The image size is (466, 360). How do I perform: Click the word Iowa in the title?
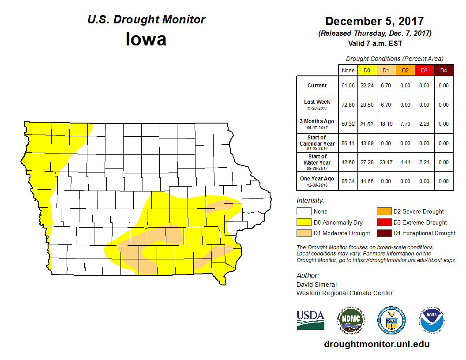pos(146,39)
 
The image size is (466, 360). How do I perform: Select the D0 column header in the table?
pos(367,70)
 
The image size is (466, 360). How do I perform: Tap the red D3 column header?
pos(424,70)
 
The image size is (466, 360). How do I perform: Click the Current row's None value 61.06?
pos(348,86)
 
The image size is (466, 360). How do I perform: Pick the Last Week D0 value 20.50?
pos(367,105)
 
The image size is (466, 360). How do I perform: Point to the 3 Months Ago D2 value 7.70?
pos(405,124)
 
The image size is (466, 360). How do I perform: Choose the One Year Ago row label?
pos(317,179)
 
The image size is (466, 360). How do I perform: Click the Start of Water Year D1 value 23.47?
pos(386,162)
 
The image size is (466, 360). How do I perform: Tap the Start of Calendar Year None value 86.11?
pos(348,143)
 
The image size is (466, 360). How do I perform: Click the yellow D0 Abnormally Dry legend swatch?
pos(304,222)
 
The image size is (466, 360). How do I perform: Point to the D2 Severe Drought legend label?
pos(418,212)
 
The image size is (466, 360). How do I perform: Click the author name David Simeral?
pos(316,285)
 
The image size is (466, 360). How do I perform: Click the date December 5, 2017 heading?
pos(375,21)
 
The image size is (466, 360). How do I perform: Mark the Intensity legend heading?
pos(310,201)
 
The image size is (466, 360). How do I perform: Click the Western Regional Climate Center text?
pos(344,293)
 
